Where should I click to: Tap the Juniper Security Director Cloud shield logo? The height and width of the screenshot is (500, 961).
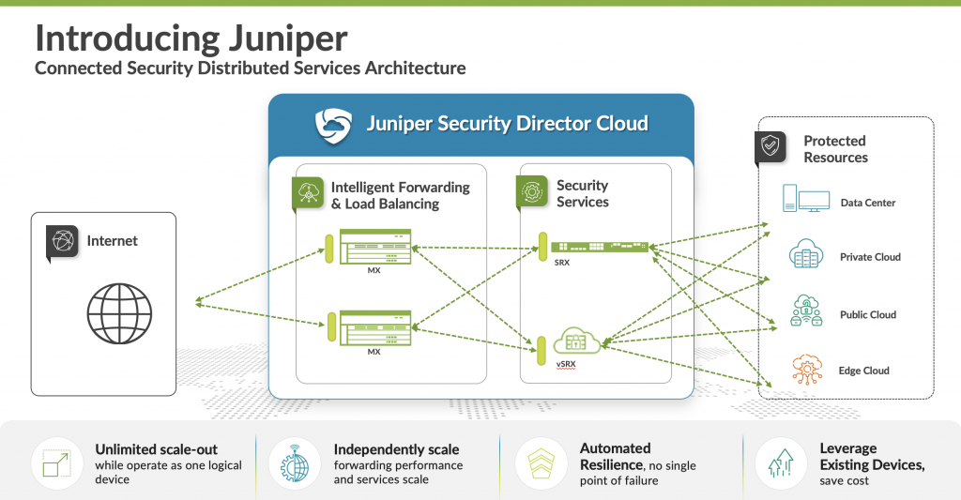[332, 124]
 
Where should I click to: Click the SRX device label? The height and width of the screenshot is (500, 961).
[561, 262]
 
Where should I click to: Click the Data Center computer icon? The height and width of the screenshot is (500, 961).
[806, 200]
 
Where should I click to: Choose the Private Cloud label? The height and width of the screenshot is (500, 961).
[870, 257]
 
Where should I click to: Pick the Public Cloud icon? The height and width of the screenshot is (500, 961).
[806, 311]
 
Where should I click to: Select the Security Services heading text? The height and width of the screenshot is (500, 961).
[582, 193]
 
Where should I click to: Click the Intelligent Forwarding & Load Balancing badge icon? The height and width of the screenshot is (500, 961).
[309, 191]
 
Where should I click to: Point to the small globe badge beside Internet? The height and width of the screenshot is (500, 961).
[62, 241]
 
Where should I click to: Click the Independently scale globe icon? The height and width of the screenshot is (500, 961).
[292, 462]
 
